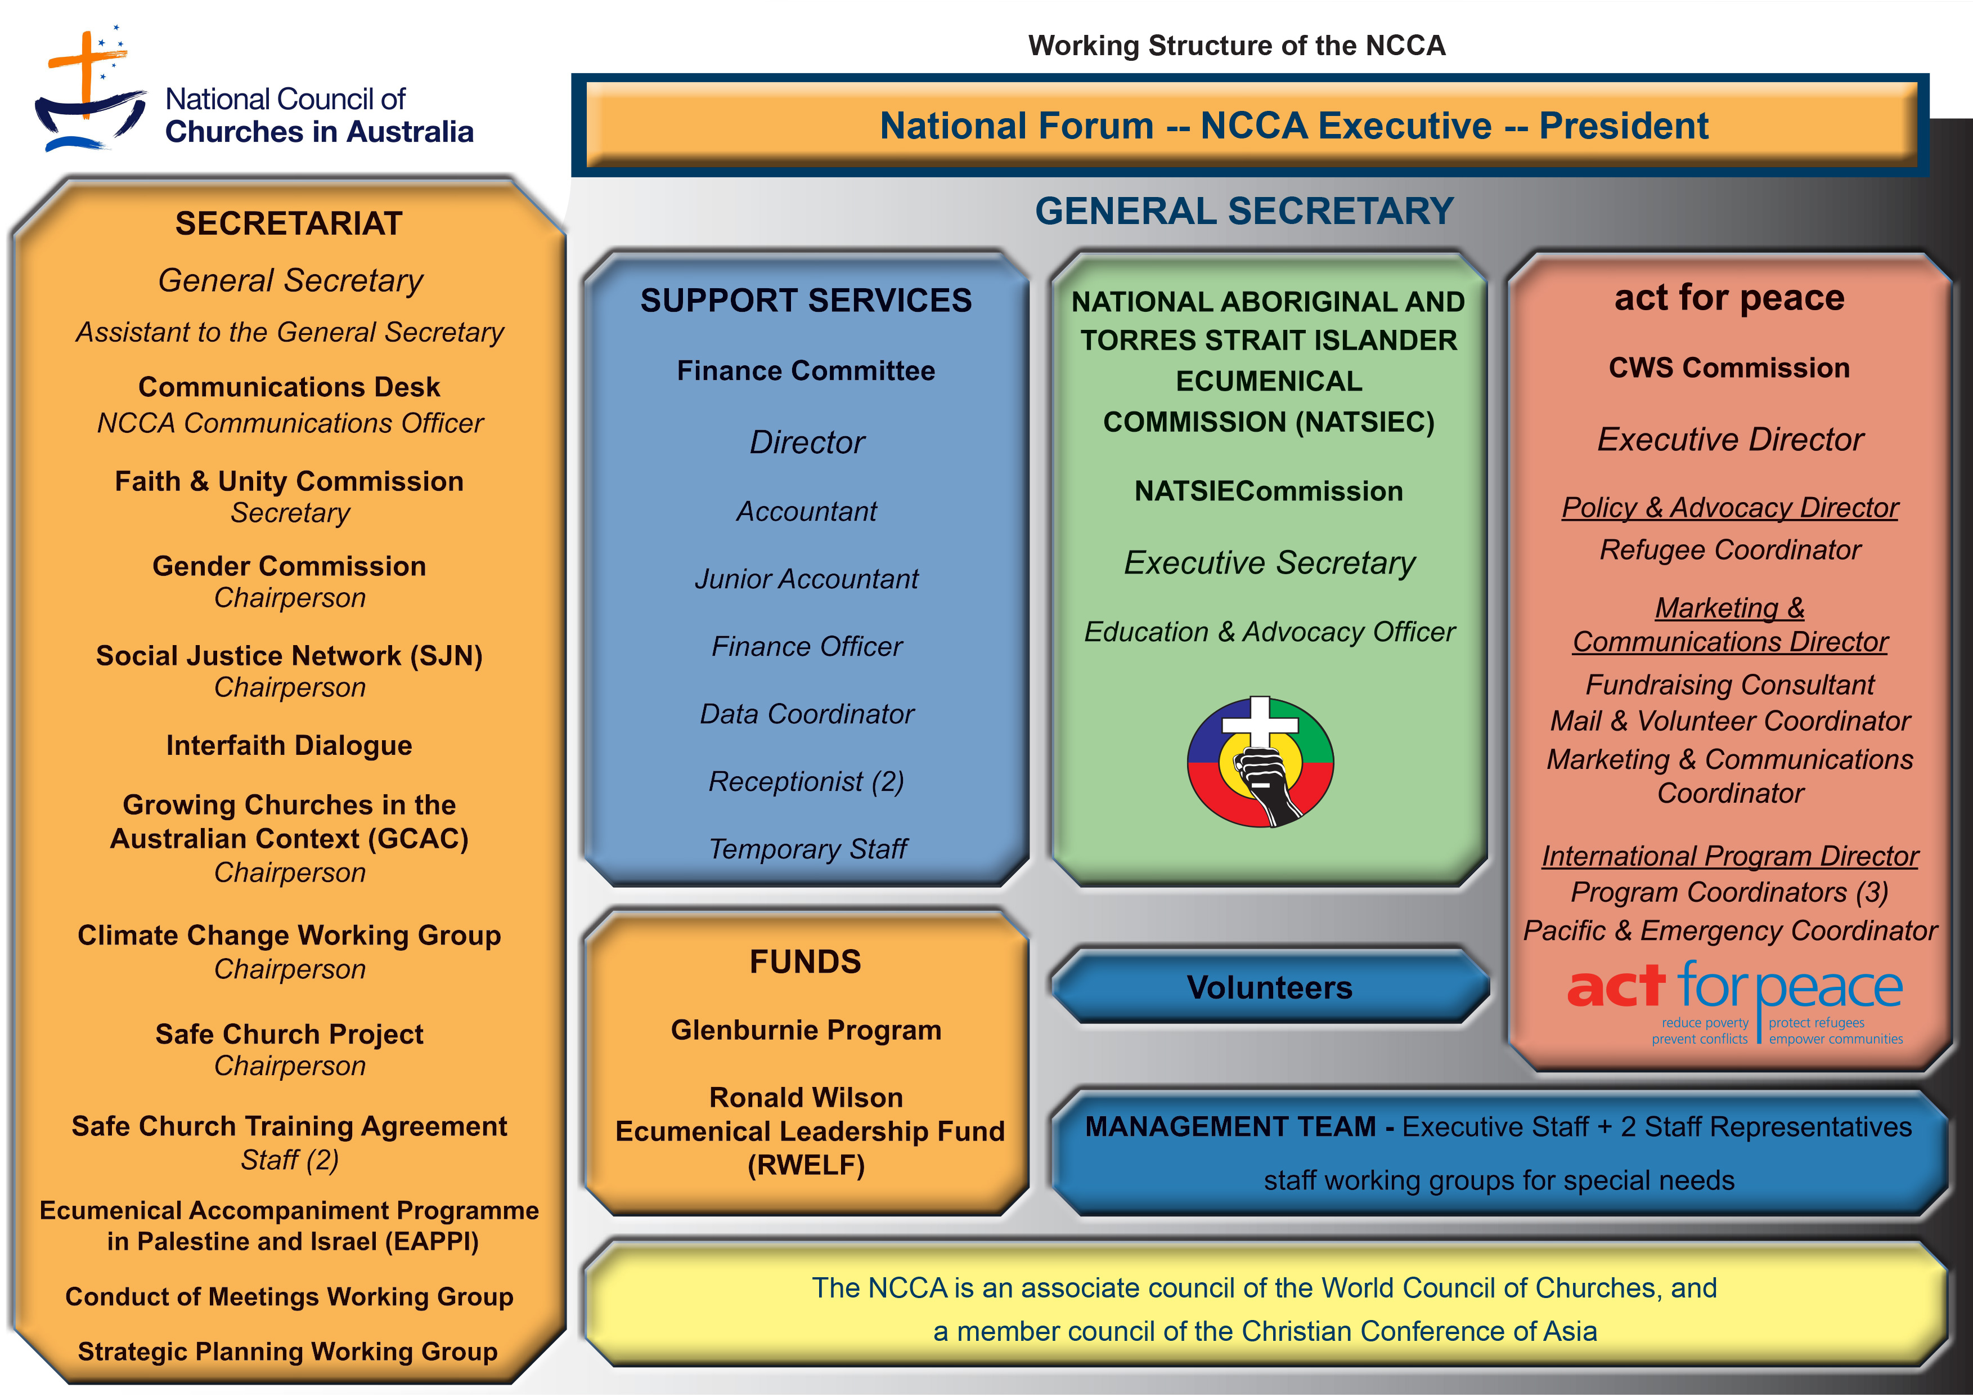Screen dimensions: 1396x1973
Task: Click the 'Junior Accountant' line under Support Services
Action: [x=806, y=579]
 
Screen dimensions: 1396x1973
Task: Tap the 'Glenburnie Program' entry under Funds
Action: [x=806, y=1030]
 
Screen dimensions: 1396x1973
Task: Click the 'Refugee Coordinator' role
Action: [x=1730, y=550]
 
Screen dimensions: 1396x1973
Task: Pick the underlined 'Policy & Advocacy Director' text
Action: [x=1730, y=508]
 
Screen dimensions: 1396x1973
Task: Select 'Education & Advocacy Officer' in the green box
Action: [x=1269, y=632]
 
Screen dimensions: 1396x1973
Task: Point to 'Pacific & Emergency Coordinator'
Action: [x=1730, y=931]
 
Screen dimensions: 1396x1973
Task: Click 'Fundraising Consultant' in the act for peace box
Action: [x=1730, y=685]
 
